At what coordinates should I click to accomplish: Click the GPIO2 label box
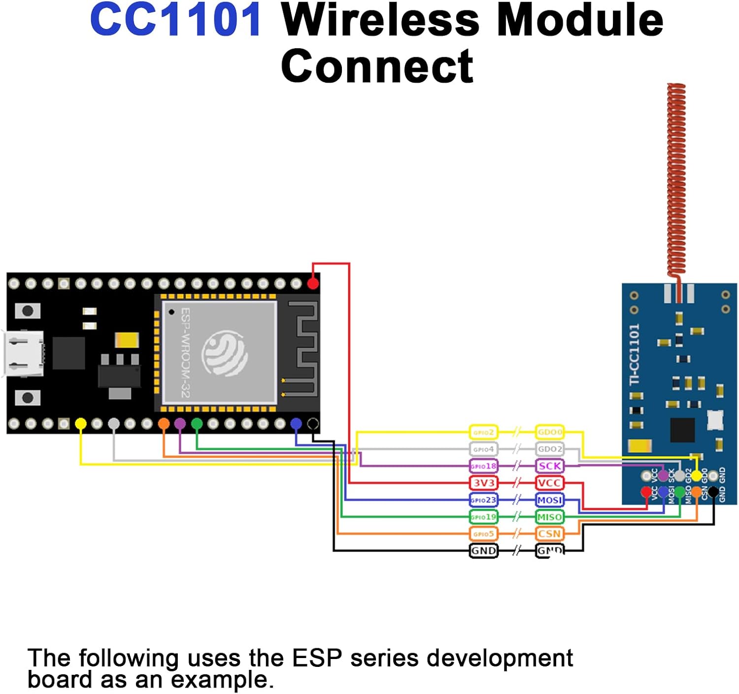click(483, 432)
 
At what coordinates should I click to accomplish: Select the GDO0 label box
click(549, 432)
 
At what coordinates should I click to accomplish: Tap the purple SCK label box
click(549, 466)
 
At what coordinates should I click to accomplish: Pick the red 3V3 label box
click(483, 483)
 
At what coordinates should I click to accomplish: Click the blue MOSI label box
click(549, 500)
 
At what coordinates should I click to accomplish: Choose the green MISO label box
click(549, 517)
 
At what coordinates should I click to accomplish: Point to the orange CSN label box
click(549, 533)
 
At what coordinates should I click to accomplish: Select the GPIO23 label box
click(483, 500)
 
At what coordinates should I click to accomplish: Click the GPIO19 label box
click(483, 517)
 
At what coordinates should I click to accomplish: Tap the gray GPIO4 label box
click(483, 449)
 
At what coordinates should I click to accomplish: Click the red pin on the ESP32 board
click(313, 283)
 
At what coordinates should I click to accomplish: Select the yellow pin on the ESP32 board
click(81, 424)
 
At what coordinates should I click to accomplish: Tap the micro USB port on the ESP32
click(24, 354)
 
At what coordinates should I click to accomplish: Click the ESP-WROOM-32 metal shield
click(219, 352)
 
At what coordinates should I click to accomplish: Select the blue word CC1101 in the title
click(176, 21)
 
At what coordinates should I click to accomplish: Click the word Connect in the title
click(377, 66)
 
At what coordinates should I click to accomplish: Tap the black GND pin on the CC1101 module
click(713, 491)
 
